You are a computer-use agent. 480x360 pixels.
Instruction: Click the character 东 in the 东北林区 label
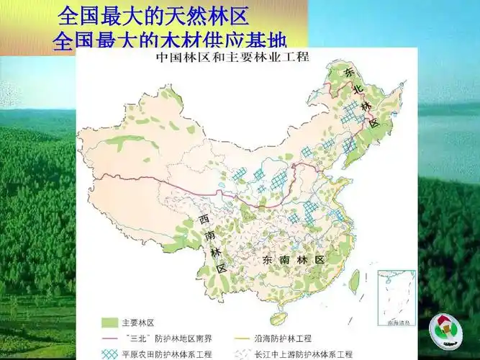click(x=350, y=73)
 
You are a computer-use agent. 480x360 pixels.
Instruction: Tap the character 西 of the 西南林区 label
click(x=205, y=218)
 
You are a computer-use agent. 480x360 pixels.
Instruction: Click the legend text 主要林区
click(x=137, y=322)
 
